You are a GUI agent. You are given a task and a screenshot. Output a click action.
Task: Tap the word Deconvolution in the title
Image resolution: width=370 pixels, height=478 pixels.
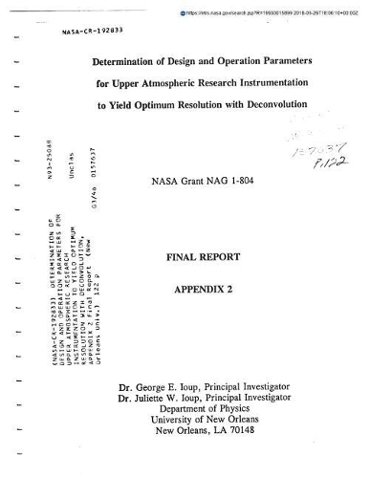(285, 101)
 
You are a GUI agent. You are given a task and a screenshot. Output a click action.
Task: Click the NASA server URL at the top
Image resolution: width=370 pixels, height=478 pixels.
(262, 8)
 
